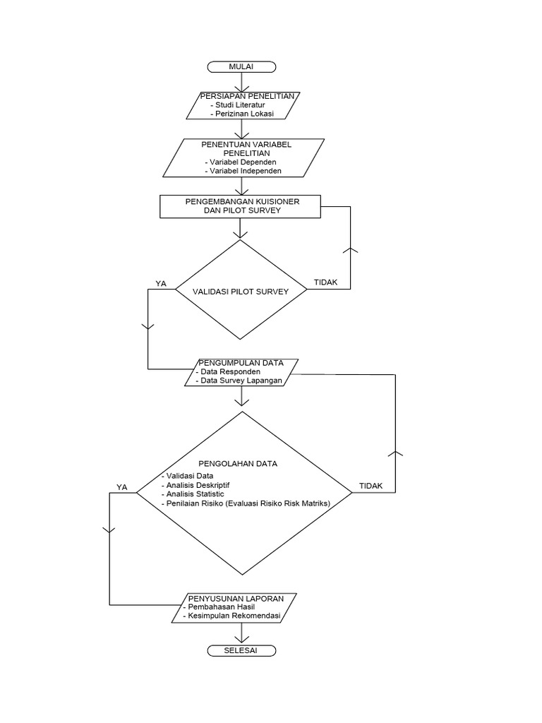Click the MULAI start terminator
tap(241, 67)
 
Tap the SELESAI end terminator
tap(241, 650)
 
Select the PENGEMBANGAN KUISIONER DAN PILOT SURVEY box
tap(240, 206)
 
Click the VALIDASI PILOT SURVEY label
tap(241, 292)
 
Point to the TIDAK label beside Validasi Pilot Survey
tap(326, 282)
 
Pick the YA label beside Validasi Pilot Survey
tap(161, 284)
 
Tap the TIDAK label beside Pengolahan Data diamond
tap(371, 486)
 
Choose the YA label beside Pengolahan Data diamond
tap(121, 487)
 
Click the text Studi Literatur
tap(237, 104)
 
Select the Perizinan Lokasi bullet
tap(242, 114)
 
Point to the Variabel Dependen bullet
tap(241, 162)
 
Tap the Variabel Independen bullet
tap(243, 171)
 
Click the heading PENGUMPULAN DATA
tap(241, 363)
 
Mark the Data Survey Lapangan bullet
tap(239, 381)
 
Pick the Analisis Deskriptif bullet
tap(195, 485)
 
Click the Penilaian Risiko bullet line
tap(246, 503)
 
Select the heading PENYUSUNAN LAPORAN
tap(236, 599)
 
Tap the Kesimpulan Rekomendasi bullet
tap(231, 616)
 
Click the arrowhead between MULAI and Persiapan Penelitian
tap(241, 89)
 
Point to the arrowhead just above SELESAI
tap(241, 639)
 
